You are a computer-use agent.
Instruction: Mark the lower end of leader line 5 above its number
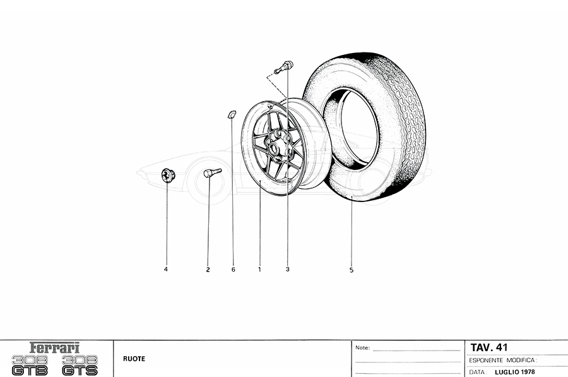(x=352, y=265)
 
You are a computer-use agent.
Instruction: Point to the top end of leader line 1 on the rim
(x=261, y=179)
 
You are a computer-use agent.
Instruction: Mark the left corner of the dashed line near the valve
(x=267, y=77)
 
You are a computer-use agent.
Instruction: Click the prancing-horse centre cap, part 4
(x=168, y=175)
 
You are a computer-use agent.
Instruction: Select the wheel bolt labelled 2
(x=212, y=172)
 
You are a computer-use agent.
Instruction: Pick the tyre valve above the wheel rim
(x=284, y=68)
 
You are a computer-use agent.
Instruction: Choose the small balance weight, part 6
(x=232, y=114)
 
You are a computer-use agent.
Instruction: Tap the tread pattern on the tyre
(x=406, y=119)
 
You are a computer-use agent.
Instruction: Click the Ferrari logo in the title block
(x=54, y=348)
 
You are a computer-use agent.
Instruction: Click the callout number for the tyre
(x=352, y=270)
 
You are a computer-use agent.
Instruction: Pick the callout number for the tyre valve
(x=288, y=270)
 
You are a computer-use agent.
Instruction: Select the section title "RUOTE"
(x=134, y=359)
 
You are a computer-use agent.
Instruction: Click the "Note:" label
(x=363, y=348)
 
